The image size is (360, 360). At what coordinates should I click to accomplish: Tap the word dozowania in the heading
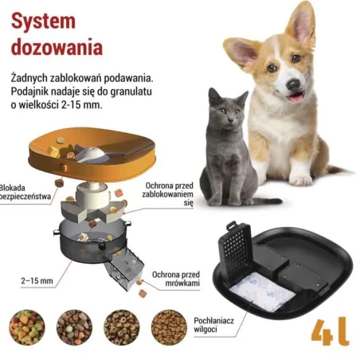coord(58,45)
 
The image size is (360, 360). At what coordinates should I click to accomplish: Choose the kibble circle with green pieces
coord(26,327)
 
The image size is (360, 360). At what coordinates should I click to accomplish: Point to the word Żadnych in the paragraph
coord(33,78)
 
